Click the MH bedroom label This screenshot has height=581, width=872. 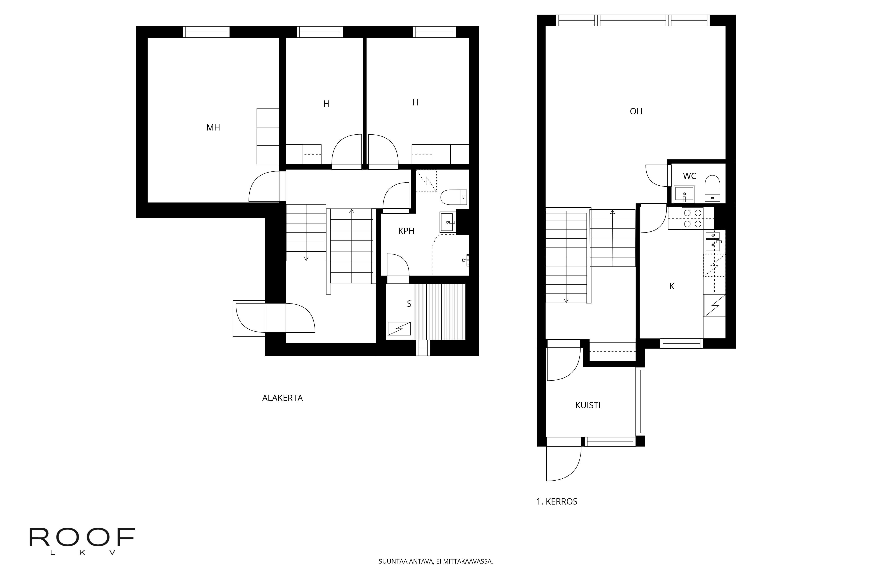[x=213, y=127]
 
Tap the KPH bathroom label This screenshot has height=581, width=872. [x=406, y=231]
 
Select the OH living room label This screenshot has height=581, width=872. [x=636, y=111]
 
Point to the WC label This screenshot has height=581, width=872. [x=690, y=176]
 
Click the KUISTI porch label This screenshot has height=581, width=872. [x=588, y=405]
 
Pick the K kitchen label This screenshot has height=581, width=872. [x=672, y=286]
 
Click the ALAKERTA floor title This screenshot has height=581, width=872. [x=283, y=398]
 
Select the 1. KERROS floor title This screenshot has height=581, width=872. [x=557, y=501]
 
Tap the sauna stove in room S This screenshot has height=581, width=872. [x=399, y=329]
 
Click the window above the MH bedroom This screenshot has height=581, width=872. [x=206, y=32]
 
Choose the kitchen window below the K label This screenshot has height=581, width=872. [x=681, y=344]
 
